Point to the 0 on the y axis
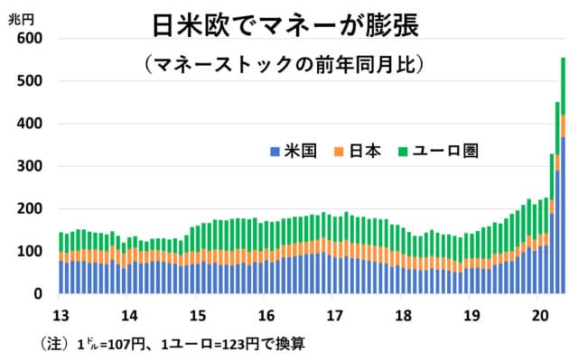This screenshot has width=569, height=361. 39,294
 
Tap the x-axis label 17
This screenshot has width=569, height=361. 334,316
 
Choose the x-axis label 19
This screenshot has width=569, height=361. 471,316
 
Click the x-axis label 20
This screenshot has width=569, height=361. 539,316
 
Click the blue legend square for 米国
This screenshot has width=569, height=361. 275,151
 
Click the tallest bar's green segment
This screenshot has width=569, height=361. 563,86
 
